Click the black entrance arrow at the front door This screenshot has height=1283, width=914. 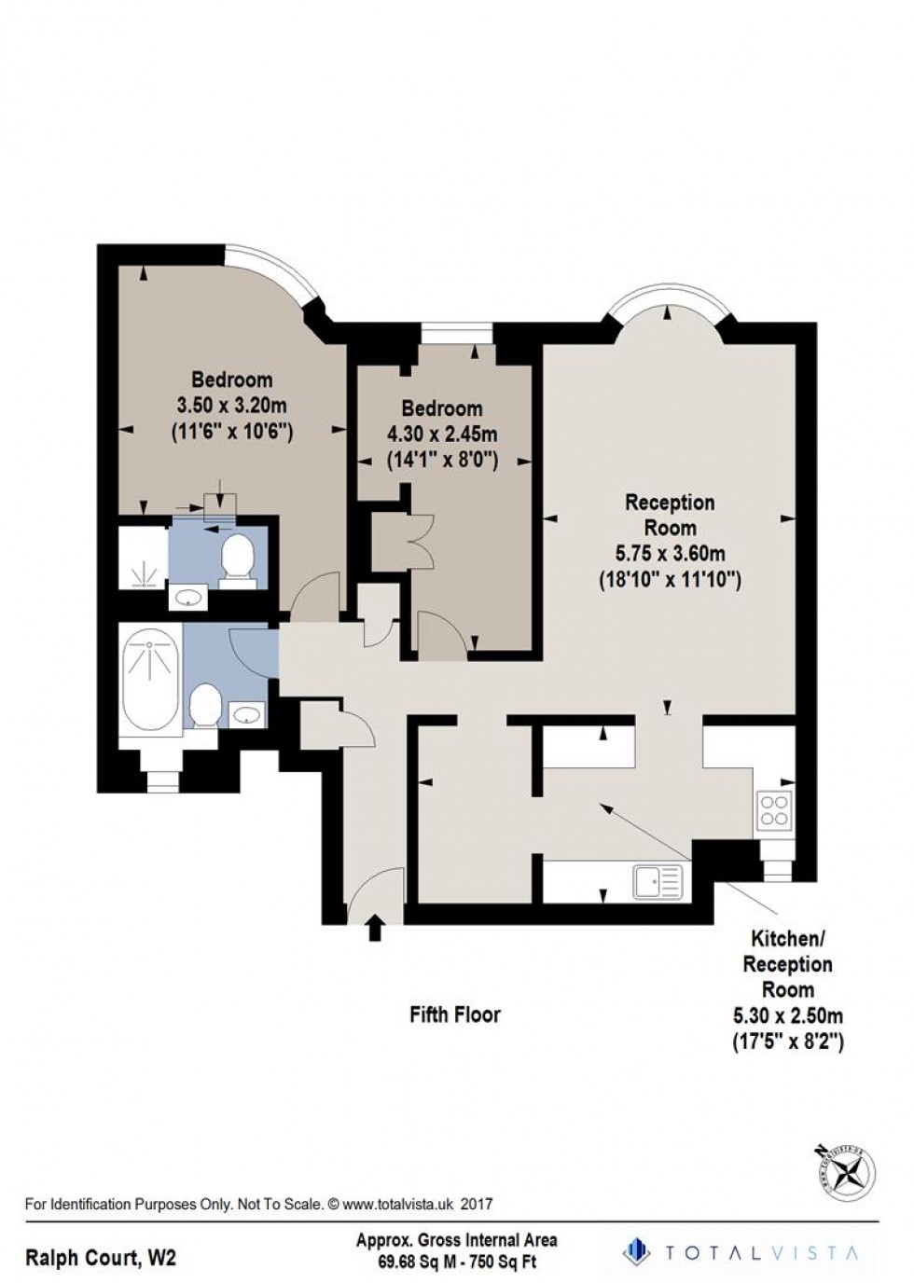(x=375, y=928)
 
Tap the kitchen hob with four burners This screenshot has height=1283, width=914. (x=773, y=809)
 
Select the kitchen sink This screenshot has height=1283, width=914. (x=658, y=881)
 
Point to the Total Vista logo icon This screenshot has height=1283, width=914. (x=636, y=1249)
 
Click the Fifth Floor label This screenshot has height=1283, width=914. (x=455, y=1014)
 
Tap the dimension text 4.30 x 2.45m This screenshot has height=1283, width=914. (x=442, y=434)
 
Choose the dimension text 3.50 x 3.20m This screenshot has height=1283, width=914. (x=231, y=406)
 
